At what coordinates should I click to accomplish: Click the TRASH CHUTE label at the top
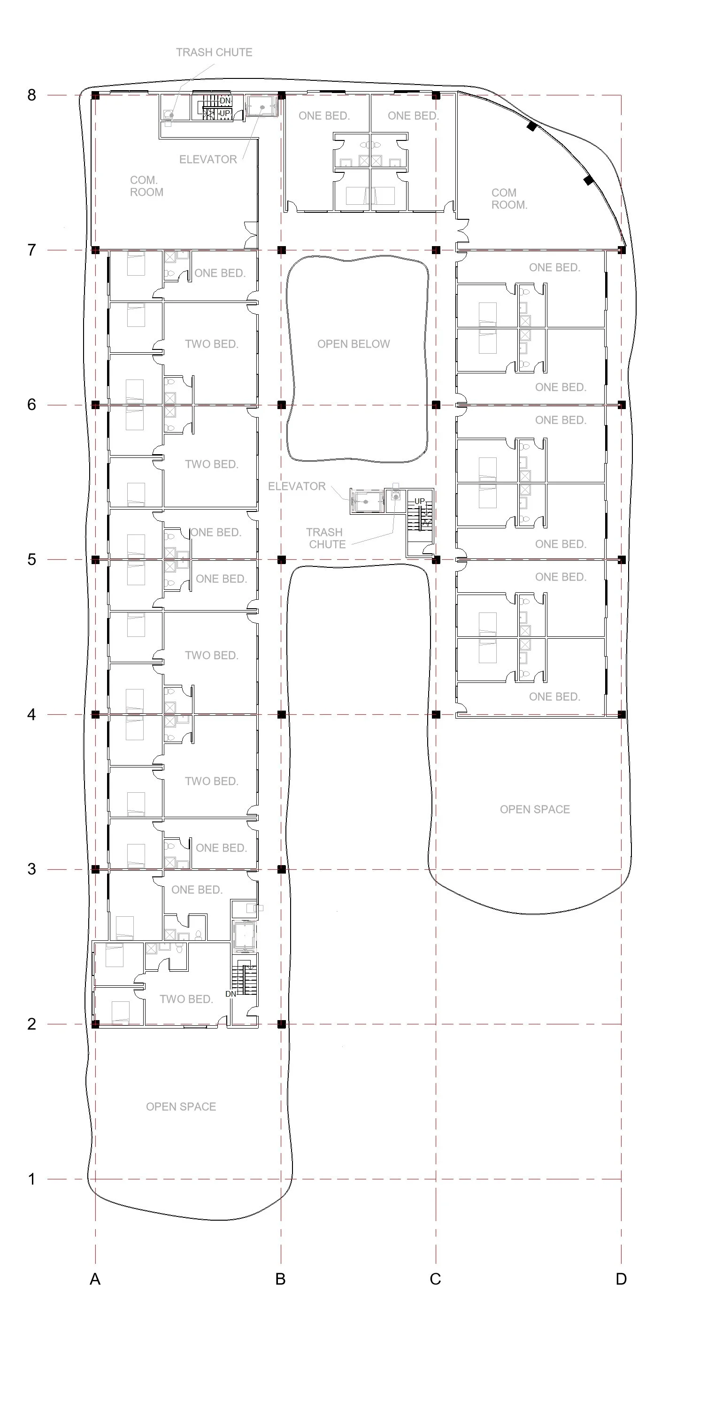tap(214, 53)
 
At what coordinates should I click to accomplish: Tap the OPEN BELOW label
tap(354, 344)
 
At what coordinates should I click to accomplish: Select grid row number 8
tap(32, 95)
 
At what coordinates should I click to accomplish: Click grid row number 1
tap(32, 1179)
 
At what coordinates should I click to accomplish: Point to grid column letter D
tap(621, 1279)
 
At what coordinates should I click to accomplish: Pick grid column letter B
tap(280, 1279)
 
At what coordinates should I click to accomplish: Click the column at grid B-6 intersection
tap(282, 405)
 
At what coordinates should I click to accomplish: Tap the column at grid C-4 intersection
tap(436, 714)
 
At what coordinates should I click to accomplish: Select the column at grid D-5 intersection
tap(622, 559)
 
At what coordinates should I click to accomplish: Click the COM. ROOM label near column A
tap(146, 186)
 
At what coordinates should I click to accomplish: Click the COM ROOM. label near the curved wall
tap(509, 199)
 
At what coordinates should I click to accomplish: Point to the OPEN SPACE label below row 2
tap(181, 1107)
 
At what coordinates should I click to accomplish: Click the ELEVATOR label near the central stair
tap(297, 486)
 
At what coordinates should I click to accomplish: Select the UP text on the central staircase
tap(419, 501)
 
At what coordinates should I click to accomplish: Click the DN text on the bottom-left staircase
tap(231, 994)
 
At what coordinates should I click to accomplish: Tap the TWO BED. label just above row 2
tap(186, 999)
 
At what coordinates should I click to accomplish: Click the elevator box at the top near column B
tap(262, 106)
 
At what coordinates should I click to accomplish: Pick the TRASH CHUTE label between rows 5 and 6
tap(326, 538)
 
